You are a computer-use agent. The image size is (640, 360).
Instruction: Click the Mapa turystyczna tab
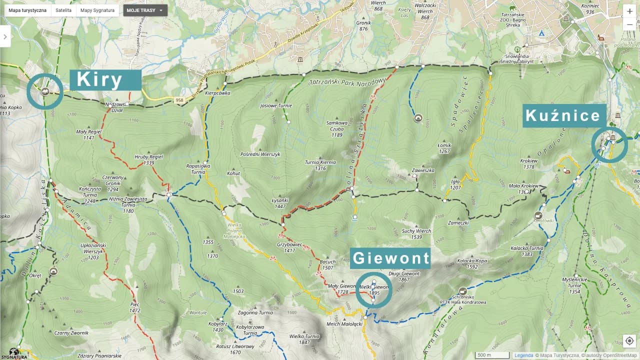click(27, 10)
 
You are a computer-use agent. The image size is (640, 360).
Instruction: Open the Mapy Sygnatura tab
click(97, 10)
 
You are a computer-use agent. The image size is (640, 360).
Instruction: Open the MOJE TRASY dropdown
click(145, 10)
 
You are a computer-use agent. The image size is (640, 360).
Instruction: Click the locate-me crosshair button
click(629, 340)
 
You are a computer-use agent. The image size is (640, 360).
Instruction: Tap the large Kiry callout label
click(105, 80)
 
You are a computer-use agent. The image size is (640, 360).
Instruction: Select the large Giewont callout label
click(390, 258)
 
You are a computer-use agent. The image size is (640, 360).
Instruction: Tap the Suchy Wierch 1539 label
click(416, 234)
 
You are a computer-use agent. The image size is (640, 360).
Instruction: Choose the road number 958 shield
click(178, 101)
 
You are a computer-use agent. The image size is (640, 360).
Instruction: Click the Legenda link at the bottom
click(523, 355)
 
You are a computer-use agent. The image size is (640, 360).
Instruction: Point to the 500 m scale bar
click(492, 355)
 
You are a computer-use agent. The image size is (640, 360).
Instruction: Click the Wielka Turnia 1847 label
click(304, 339)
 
